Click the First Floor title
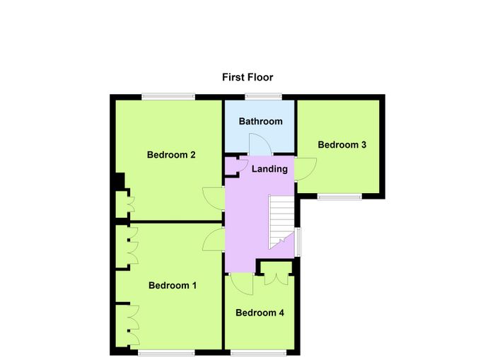(248, 77)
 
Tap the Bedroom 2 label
(171, 155)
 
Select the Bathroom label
(260, 121)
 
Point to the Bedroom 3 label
(342, 144)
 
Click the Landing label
(269, 169)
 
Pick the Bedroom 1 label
(173, 286)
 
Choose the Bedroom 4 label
(260, 313)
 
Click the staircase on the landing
(281, 221)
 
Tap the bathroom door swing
(260, 144)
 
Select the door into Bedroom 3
(305, 169)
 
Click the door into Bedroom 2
(214, 199)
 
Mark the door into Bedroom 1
(214, 239)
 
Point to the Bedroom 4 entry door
(242, 284)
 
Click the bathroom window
(264, 97)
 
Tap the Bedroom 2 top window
(168, 97)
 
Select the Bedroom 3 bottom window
(339, 197)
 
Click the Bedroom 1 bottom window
(166, 353)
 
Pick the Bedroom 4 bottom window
(259, 353)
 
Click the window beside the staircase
(298, 242)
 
